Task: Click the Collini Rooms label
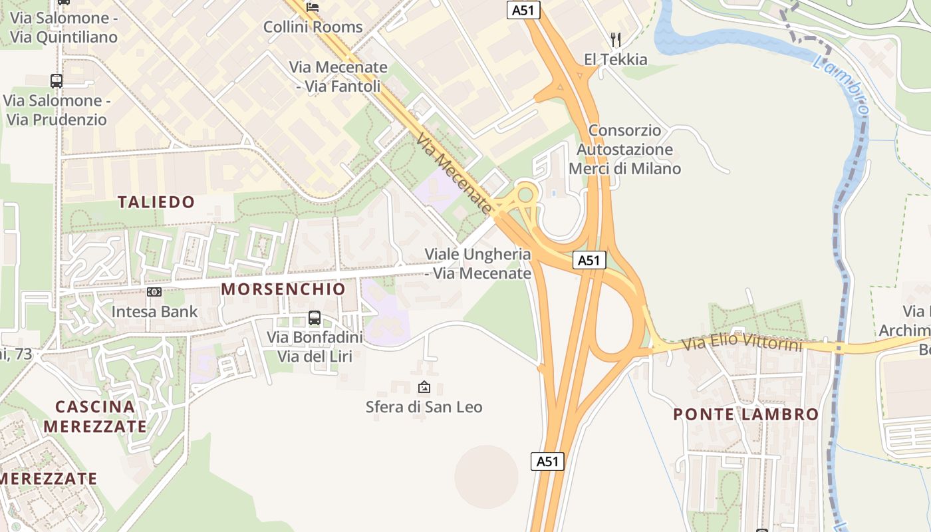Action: tap(313, 27)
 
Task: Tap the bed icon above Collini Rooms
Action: tap(313, 7)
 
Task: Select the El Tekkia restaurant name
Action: tap(615, 59)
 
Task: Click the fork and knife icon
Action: tap(616, 40)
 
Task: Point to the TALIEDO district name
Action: tap(156, 202)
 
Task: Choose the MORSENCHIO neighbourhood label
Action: tap(283, 289)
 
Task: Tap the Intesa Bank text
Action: tap(154, 311)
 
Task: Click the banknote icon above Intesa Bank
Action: tap(154, 292)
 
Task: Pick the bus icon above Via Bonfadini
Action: tap(315, 318)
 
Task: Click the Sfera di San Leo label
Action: tap(424, 406)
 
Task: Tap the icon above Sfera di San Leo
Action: tap(424, 387)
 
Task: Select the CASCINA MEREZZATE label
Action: tap(95, 416)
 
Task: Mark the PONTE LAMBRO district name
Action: tap(745, 414)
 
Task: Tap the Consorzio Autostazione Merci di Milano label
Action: tap(624, 150)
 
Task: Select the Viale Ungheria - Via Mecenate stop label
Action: tap(478, 263)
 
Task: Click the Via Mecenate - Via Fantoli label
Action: tap(338, 76)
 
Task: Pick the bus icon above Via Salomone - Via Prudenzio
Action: tap(57, 81)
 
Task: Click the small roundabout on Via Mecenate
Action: tap(526, 195)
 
